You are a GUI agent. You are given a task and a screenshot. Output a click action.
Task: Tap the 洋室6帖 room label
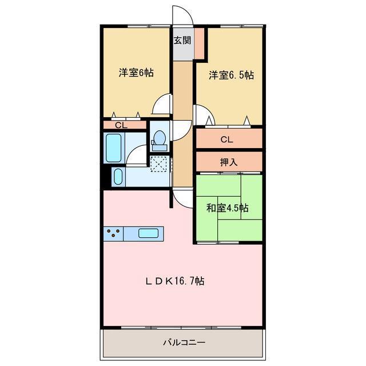pos(136,73)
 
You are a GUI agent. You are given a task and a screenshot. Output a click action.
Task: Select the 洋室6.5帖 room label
pos(231,75)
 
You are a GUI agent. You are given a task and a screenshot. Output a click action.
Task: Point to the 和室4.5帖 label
pos(227,207)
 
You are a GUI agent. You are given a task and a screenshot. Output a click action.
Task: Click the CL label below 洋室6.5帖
pos(227,139)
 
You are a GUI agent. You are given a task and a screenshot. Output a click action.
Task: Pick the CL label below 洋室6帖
pos(120,125)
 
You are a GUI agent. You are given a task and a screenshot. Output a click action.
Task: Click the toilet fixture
pos(160,139)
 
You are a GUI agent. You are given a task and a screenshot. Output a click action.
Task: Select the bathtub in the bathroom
pos(113,148)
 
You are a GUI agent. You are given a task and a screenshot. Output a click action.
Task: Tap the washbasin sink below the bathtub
pos(118,177)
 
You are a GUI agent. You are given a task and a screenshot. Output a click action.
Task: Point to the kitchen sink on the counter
pos(148,233)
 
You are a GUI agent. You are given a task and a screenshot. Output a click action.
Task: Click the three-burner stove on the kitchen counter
pos(114,233)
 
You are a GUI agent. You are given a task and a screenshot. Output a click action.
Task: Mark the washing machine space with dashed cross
pos(160,163)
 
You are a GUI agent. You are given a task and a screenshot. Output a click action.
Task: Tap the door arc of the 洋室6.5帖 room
pos(204,114)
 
